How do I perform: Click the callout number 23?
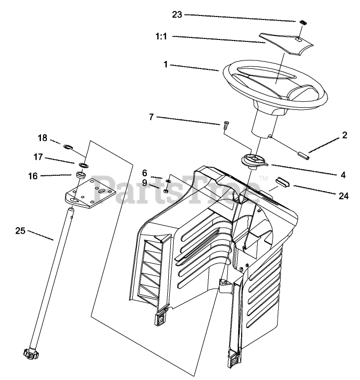[177, 14]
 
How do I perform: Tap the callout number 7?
[151, 117]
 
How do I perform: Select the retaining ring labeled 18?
[69, 147]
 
